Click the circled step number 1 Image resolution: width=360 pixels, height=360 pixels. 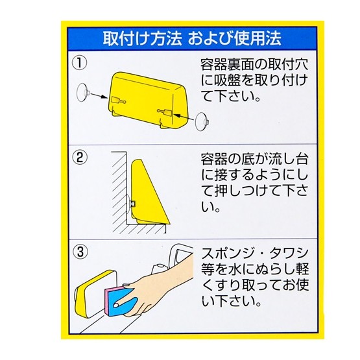[79, 63]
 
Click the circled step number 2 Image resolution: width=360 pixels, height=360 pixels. [80, 157]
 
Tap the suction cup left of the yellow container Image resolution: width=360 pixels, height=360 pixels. [82, 93]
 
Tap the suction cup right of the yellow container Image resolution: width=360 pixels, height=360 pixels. [202, 122]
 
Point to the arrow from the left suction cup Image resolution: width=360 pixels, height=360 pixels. [99, 95]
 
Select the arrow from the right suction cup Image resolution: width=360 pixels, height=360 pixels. [184, 116]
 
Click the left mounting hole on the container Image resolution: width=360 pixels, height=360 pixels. [119, 101]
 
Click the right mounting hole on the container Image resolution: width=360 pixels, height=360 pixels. [165, 112]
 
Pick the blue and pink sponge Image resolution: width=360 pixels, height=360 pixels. [120, 301]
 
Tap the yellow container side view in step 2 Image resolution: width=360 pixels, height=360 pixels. [149, 193]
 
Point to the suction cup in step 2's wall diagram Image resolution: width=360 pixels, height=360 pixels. [130, 203]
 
